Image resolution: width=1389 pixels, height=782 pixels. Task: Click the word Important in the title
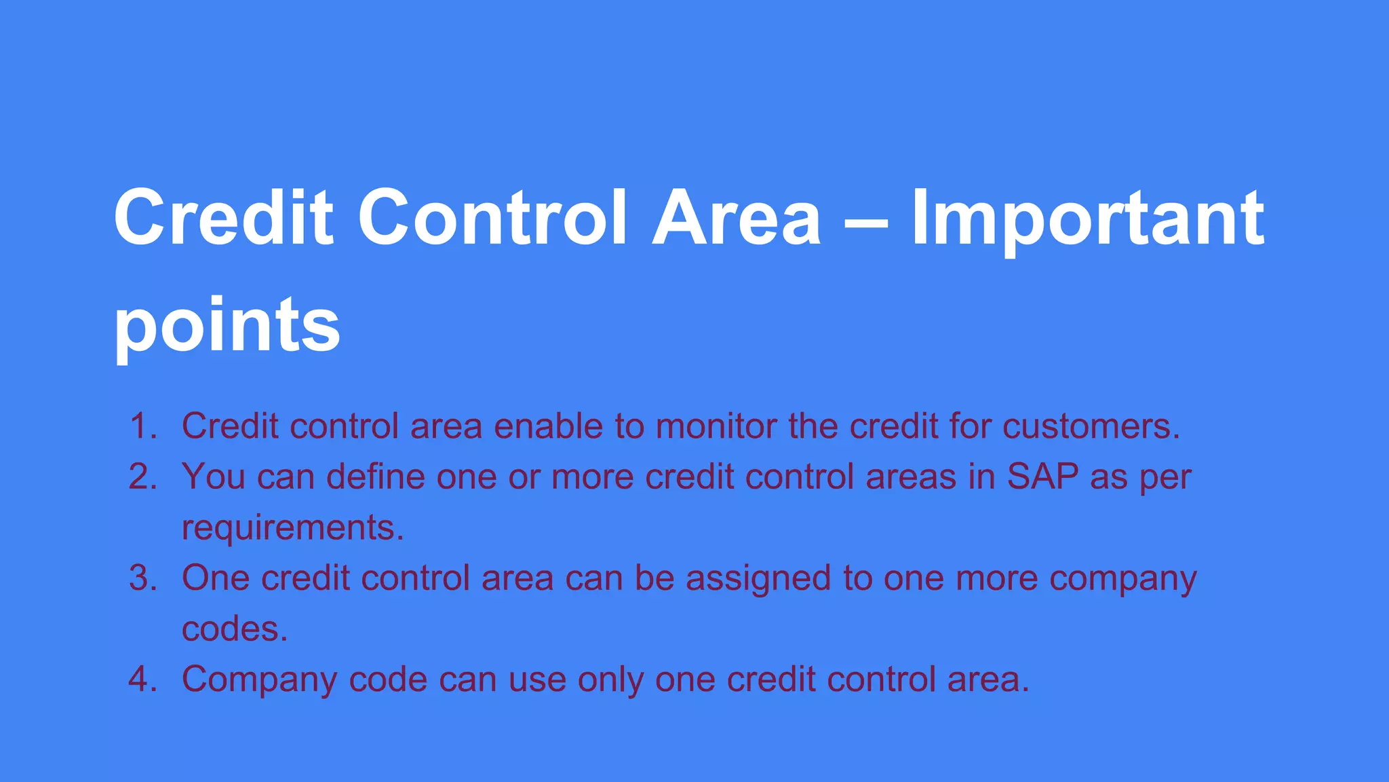[1087, 219]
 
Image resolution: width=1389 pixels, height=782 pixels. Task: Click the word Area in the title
[736, 219]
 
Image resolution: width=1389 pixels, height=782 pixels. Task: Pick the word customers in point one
[1091, 426]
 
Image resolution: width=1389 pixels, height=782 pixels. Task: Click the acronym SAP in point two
[1042, 477]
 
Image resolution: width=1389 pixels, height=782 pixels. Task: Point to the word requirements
[292, 527]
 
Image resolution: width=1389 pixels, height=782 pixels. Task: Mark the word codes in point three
[234, 629]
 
